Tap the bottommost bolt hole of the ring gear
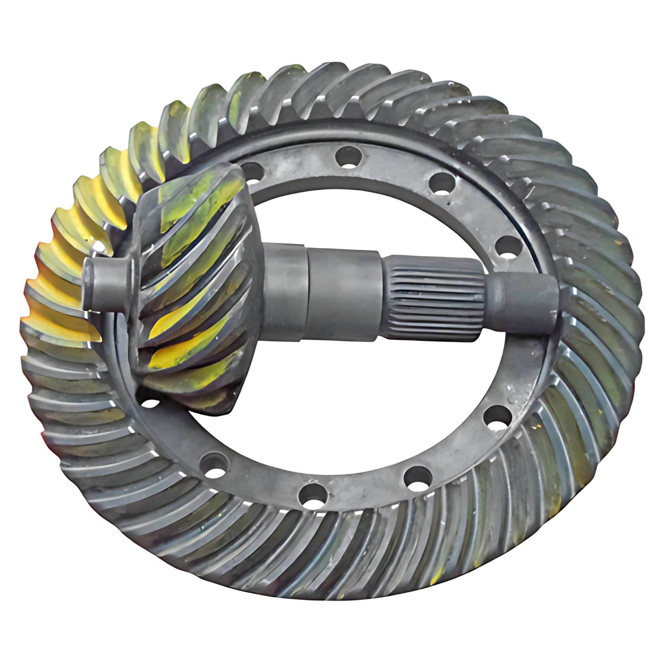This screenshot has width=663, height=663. pos(313,497)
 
